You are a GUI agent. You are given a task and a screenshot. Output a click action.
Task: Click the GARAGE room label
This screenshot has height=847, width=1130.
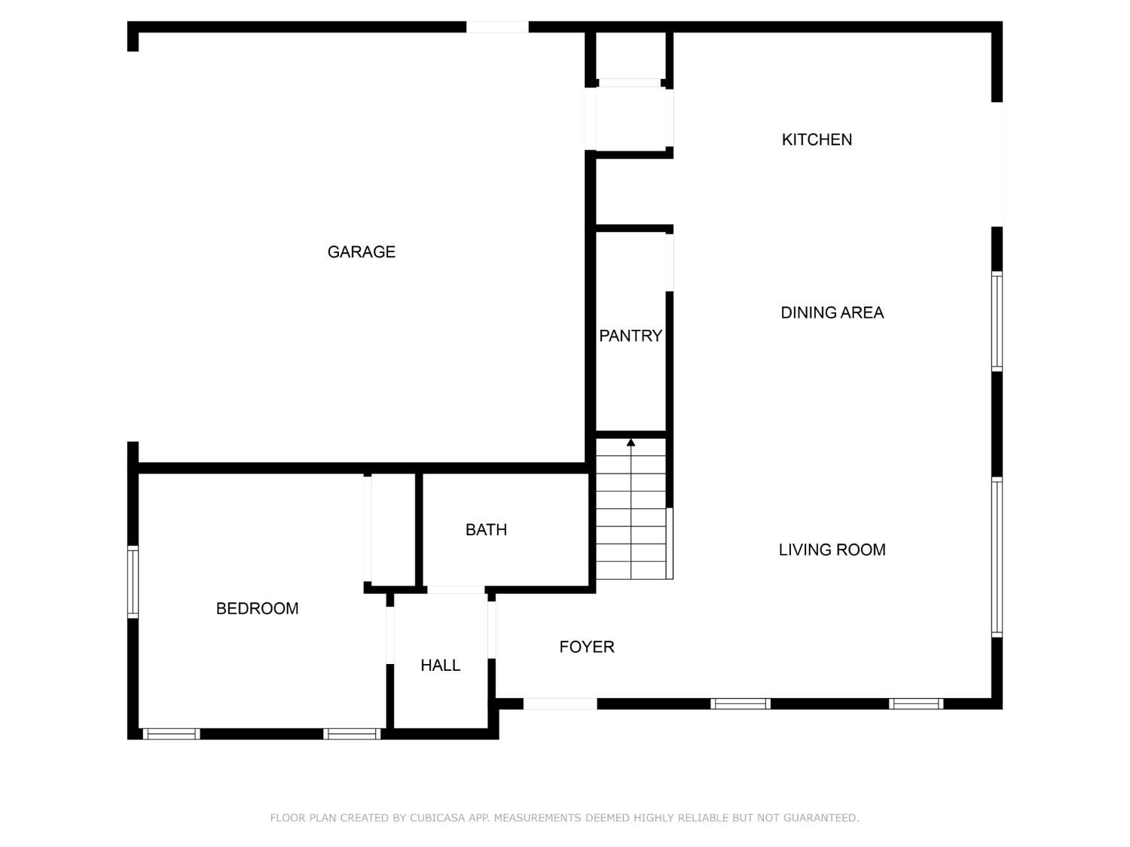[x=361, y=252]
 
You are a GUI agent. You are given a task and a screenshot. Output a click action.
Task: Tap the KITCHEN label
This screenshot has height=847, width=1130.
[x=817, y=140]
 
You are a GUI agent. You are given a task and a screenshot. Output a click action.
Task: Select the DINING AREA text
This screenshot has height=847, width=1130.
[x=832, y=313]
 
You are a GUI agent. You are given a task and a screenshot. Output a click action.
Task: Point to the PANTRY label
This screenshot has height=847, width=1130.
[x=631, y=336]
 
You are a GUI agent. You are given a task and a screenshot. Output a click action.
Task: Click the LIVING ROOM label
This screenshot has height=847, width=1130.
[x=832, y=550]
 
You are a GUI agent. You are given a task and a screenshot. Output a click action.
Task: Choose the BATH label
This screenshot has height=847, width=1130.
[x=486, y=530]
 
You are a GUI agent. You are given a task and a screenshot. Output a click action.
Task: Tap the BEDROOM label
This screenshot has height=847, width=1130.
[x=257, y=608]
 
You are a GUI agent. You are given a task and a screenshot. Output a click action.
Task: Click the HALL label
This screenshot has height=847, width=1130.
[x=440, y=666]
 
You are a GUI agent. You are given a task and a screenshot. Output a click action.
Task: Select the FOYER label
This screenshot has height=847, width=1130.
[x=586, y=647]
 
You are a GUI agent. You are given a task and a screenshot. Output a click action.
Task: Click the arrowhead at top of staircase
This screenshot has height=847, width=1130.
[x=631, y=443]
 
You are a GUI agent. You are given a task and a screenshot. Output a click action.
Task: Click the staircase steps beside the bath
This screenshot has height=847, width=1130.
[x=631, y=527]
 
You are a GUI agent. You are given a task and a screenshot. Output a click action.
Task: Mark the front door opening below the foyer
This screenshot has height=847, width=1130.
[x=560, y=704]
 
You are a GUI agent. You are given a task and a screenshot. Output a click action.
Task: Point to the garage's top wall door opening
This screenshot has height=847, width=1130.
[x=497, y=27]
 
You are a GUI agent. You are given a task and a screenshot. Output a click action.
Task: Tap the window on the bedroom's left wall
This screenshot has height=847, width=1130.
[x=133, y=582]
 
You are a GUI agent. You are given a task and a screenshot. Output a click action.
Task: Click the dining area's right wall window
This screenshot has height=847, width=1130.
[x=997, y=321]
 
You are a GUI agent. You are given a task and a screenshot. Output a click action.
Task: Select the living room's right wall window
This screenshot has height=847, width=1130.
[x=997, y=557]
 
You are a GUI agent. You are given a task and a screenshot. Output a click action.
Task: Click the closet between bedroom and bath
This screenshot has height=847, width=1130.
[x=392, y=529]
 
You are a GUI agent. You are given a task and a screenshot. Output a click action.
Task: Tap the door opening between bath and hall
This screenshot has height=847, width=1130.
[x=456, y=590]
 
